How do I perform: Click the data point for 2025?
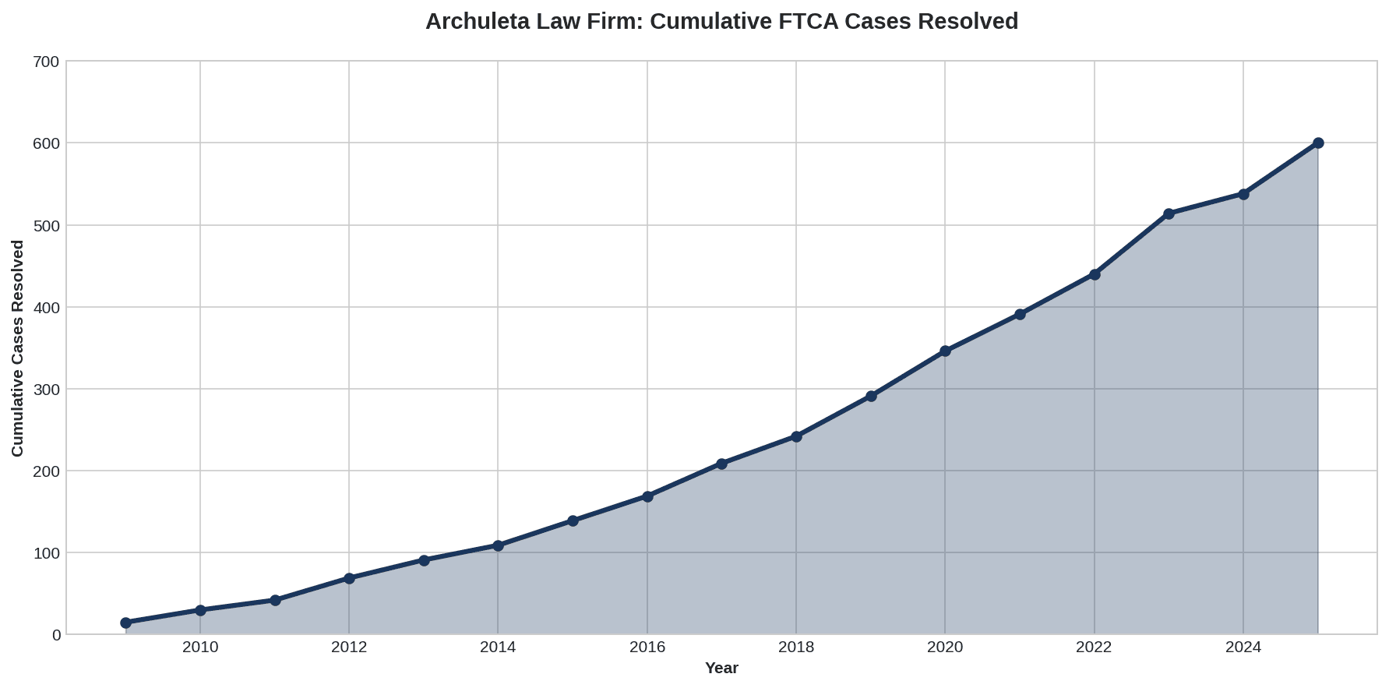pyautogui.click(x=1318, y=143)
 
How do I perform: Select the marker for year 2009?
pyautogui.click(x=125, y=623)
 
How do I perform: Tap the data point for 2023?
pyautogui.click(x=1169, y=213)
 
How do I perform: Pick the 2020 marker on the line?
pyautogui.click(x=945, y=351)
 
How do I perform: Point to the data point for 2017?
pyautogui.click(x=721, y=464)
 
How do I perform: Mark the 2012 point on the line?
pyautogui.click(x=349, y=578)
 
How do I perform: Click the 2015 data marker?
pyautogui.click(x=573, y=520)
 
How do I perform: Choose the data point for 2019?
pyautogui.click(x=871, y=396)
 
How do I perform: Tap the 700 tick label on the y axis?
pyautogui.click(x=48, y=62)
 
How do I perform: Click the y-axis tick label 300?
pyautogui.click(x=48, y=390)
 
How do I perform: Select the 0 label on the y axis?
pyautogui.click(x=56, y=635)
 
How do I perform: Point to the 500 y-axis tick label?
pyautogui.click(x=48, y=226)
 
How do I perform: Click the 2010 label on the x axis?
pyautogui.click(x=200, y=647)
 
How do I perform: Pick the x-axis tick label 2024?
pyautogui.click(x=1243, y=647)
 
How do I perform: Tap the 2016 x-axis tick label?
pyautogui.click(x=647, y=647)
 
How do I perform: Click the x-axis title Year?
pyautogui.click(x=721, y=669)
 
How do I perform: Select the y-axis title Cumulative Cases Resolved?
pyautogui.click(x=18, y=348)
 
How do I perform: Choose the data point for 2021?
pyautogui.click(x=1020, y=315)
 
